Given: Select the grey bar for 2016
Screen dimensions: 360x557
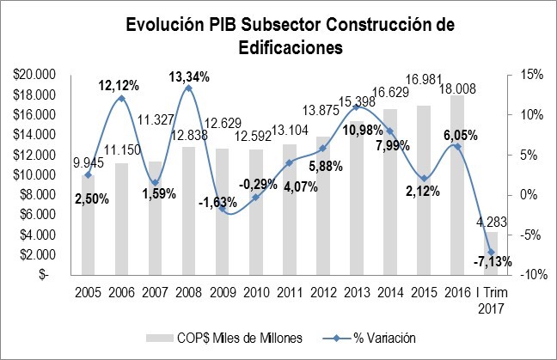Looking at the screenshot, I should (456, 185).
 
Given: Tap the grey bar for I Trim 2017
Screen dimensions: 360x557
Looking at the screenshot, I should (490, 253).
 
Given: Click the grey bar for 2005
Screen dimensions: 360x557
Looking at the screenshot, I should (88, 225).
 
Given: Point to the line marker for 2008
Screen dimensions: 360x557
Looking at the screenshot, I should (188, 88).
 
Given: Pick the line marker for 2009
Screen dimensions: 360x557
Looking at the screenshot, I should (222, 209).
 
